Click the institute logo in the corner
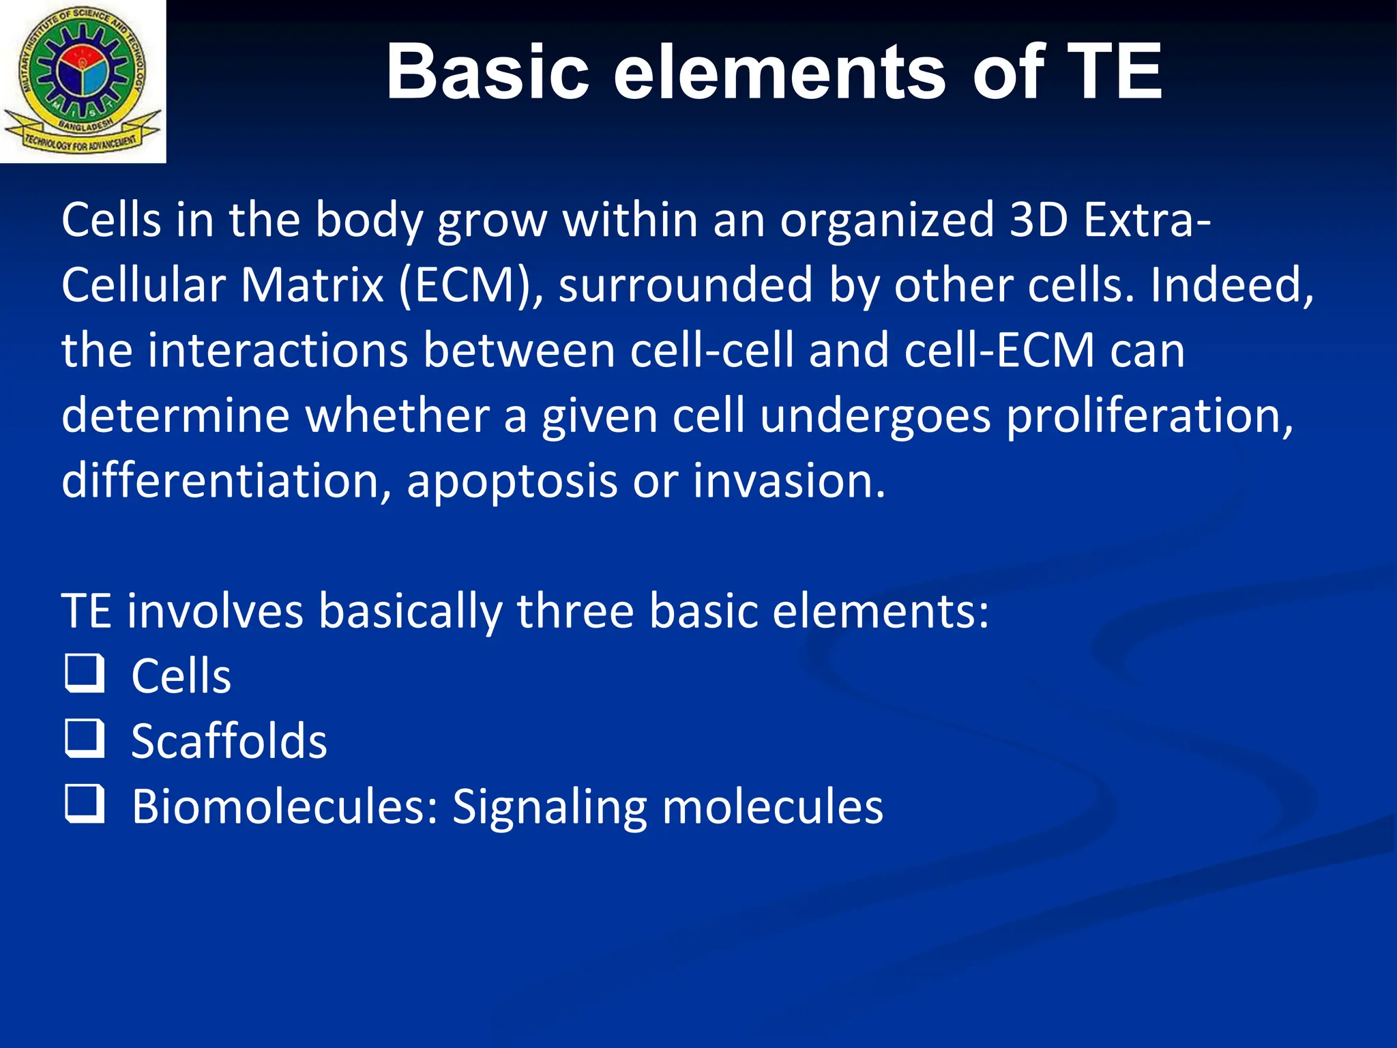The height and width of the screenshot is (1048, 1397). pos(83,81)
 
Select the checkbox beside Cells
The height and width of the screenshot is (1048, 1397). pos(85,673)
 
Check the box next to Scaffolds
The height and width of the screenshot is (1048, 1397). pos(85,738)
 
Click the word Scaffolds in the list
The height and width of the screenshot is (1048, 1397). pos(229,741)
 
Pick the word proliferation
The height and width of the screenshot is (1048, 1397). pos(1149,416)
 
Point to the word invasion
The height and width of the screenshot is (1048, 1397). pos(788,480)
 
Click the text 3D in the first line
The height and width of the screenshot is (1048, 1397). pos(1038,220)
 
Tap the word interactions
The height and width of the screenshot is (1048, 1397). pos(278,351)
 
